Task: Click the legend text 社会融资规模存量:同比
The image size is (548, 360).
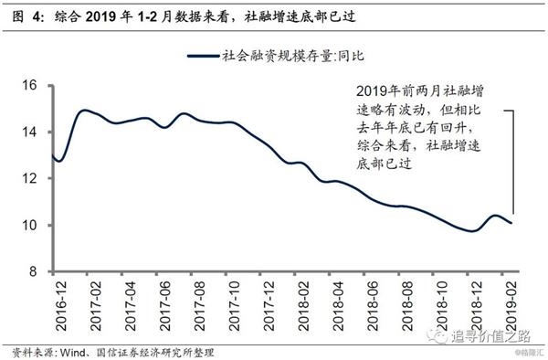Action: pos(289,56)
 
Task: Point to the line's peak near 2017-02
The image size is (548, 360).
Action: pos(85,111)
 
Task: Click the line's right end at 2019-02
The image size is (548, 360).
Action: pos(511,223)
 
